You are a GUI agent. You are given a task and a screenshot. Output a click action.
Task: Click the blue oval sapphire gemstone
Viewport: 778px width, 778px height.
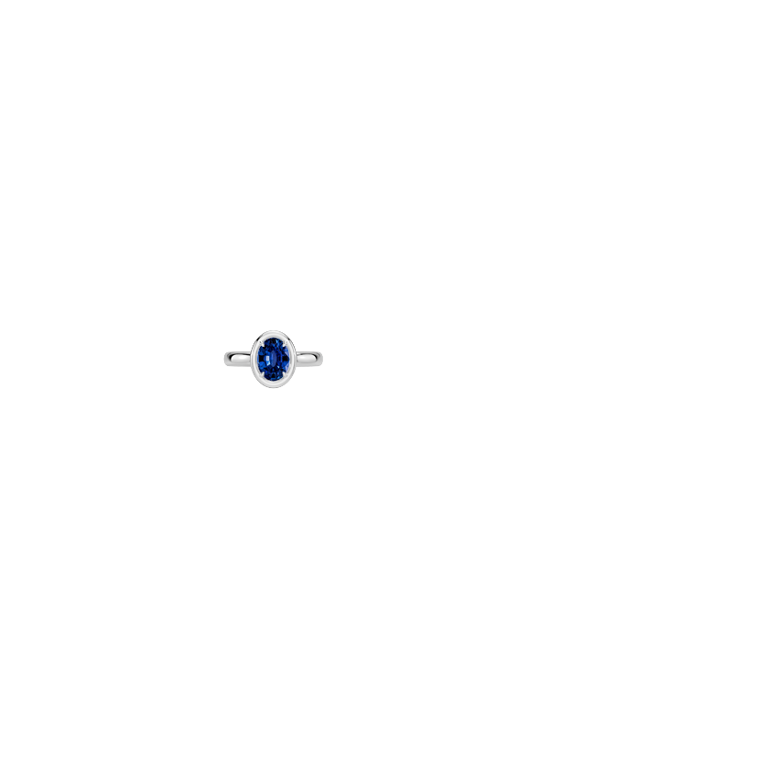pyautogui.click(x=275, y=359)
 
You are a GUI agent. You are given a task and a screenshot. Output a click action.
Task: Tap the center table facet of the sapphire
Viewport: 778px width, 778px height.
pyautogui.click(x=275, y=358)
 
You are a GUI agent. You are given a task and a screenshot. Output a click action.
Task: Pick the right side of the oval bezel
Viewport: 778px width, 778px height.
pyautogui.click(x=295, y=359)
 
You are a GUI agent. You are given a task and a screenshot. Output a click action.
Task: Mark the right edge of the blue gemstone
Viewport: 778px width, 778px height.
pyautogui.click(x=289, y=359)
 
